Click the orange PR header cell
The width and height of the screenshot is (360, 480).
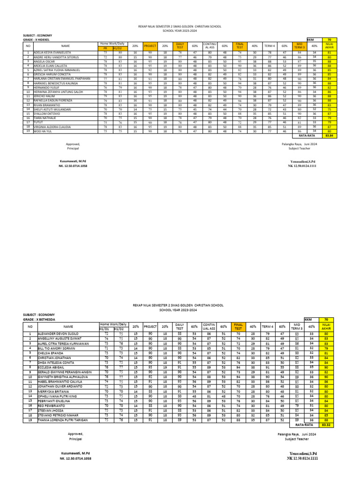105,48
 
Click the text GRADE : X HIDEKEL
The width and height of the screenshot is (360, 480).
39,39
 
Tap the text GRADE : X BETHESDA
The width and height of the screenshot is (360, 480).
40,319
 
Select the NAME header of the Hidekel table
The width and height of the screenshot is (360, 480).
65,46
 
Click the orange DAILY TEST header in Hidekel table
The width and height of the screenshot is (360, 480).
180,46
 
